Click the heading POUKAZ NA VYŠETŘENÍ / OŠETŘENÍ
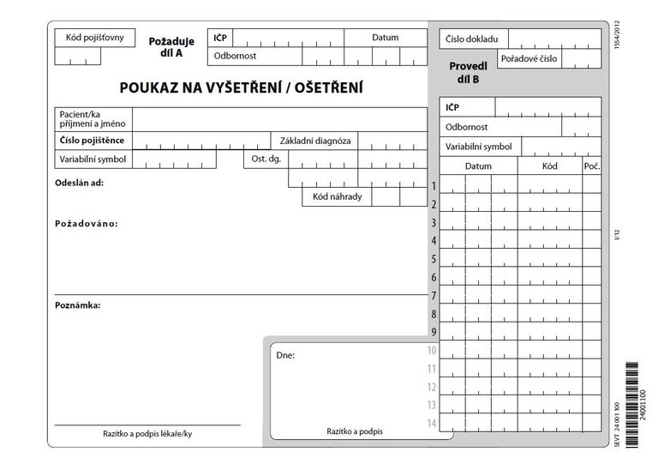pyautogui.click(x=242, y=87)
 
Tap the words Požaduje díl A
pyautogui.click(x=171, y=46)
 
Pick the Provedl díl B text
pyautogui.click(x=469, y=73)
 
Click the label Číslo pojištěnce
pyautogui.click(x=92, y=141)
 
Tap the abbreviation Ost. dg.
pyautogui.click(x=266, y=159)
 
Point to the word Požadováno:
pyautogui.click(x=86, y=224)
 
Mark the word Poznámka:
pyautogui.click(x=78, y=305)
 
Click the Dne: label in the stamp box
pyautogui.click(x=285, y=354)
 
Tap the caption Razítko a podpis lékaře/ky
pyautogui.click(x=147, y=434)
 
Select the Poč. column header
pyautogui.click(x=591, y=166)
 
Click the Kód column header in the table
pyautogui.click(x=549, y=166)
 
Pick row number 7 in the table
pyautogui.click(x=434, y=296)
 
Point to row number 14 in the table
pyautogui.click(x=432, y=424)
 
